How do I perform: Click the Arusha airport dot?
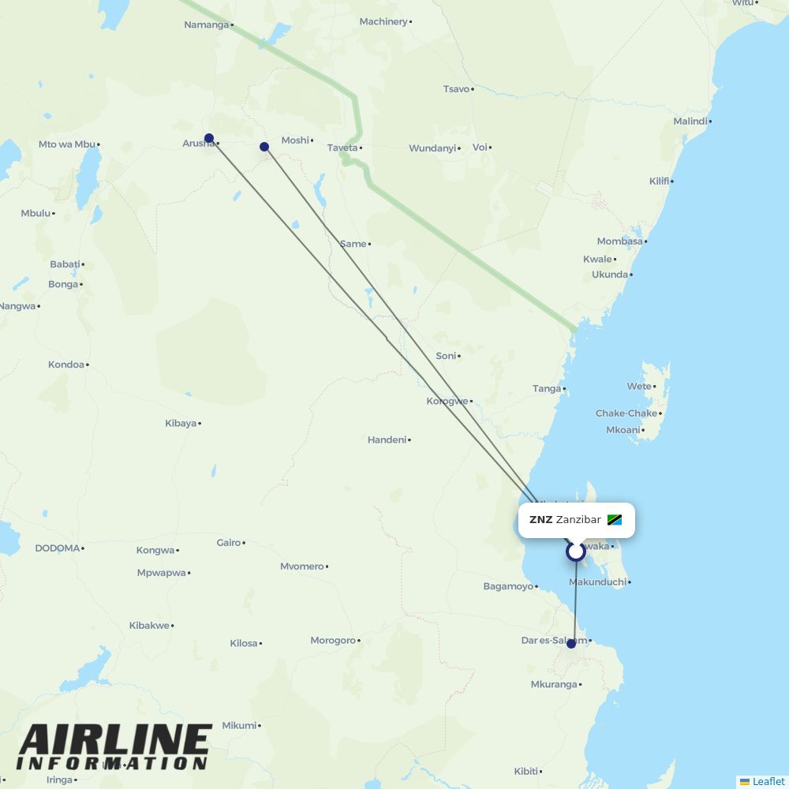[209, 138]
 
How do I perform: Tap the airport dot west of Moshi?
[264, 147]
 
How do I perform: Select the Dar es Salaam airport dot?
[571, 644]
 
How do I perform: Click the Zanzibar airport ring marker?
[576, 552]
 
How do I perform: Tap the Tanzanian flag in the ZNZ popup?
[615, 520]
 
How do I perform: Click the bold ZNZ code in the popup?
[540, 520]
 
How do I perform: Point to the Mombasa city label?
[619, 241]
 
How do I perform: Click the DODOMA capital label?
[58, 548]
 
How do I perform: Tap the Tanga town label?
[546, 388]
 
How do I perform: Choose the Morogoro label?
[332, 641]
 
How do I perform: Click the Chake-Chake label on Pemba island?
[626, 413]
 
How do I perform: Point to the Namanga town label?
[205, 24]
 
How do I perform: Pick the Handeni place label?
[387, 439]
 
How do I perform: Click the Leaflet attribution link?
[768, 781]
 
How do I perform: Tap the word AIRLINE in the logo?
[114, 742]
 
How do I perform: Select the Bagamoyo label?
[507, 586]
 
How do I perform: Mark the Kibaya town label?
[180, 424]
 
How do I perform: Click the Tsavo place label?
[456, 89]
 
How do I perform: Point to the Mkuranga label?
[554, 685]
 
